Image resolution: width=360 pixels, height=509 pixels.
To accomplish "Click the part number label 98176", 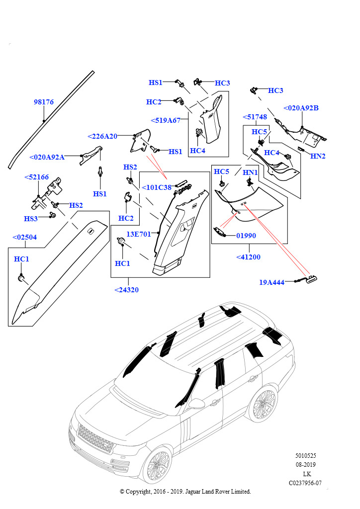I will [44, 102].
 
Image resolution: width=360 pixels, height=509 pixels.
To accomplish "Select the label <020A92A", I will [47, 157].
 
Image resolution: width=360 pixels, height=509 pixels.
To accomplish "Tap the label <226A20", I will [102, 136].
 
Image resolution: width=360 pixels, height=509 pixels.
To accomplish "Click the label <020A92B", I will [301, 108].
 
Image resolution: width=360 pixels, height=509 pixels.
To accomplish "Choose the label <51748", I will [255, 117].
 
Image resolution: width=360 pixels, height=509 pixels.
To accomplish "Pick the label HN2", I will [318, 156].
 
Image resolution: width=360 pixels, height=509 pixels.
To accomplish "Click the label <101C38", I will [156, 187].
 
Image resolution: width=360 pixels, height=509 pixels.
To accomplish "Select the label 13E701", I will [139, 234].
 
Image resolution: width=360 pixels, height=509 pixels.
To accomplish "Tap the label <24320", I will [126, 290].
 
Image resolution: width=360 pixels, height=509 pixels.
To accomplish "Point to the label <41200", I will [248, 257].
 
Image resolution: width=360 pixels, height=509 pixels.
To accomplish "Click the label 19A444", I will [271, 282].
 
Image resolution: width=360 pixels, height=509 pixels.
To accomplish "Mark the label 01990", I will [246, 236].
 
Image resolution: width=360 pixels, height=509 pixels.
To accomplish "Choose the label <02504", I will [24, 238].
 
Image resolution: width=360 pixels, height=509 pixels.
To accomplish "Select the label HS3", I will [31, 219].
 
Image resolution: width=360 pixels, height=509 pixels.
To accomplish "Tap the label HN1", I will [250, 172].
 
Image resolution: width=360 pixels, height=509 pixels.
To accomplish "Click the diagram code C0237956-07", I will [305, 483].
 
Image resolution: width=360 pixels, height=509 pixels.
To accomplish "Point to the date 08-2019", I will [306, 465].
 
